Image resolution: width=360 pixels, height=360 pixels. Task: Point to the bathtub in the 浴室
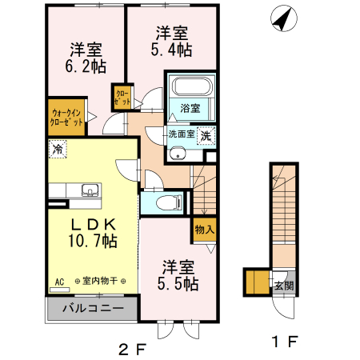point(190,86)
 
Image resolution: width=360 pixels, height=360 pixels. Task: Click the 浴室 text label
point(190,108)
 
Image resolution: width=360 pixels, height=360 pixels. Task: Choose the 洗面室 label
point(180,134)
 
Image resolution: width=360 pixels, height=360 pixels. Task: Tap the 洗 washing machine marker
point(206,135)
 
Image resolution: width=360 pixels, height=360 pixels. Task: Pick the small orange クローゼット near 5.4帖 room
point(122,98)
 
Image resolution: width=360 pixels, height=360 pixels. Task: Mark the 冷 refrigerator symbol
point(58,147)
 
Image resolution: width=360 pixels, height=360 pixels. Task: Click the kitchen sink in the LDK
point(90,190)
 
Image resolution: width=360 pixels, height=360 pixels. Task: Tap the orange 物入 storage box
point(204,230)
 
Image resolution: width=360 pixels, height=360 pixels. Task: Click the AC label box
point(59,281)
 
